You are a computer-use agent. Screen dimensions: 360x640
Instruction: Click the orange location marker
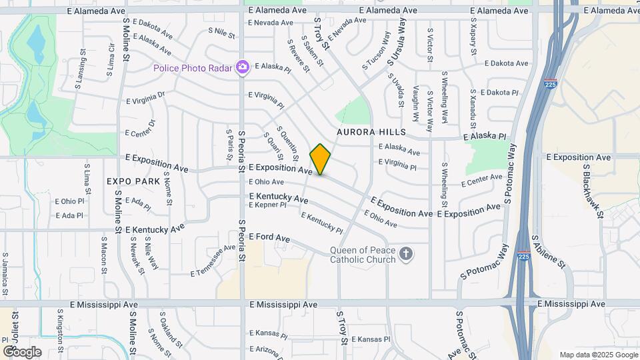point(321,159)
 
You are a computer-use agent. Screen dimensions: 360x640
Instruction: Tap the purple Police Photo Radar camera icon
point(243,67)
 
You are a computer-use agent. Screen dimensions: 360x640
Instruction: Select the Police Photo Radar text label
point(192,67)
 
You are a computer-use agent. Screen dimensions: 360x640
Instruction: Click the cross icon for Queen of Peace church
point(406,253)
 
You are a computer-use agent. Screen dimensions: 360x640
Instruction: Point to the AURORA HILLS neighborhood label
point(371,132)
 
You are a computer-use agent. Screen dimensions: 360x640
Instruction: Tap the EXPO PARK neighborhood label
point(133,181)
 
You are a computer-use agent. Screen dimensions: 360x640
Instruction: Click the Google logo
point(21,351)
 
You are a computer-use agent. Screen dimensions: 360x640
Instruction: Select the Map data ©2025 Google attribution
point(598,355)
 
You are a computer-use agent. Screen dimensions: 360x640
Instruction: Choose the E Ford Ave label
point(269,237)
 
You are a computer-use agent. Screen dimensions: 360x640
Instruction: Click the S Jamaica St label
point(5,273)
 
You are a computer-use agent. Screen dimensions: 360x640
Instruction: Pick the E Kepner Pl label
point(267,205)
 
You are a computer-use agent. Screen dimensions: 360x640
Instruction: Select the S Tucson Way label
point(376,51)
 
